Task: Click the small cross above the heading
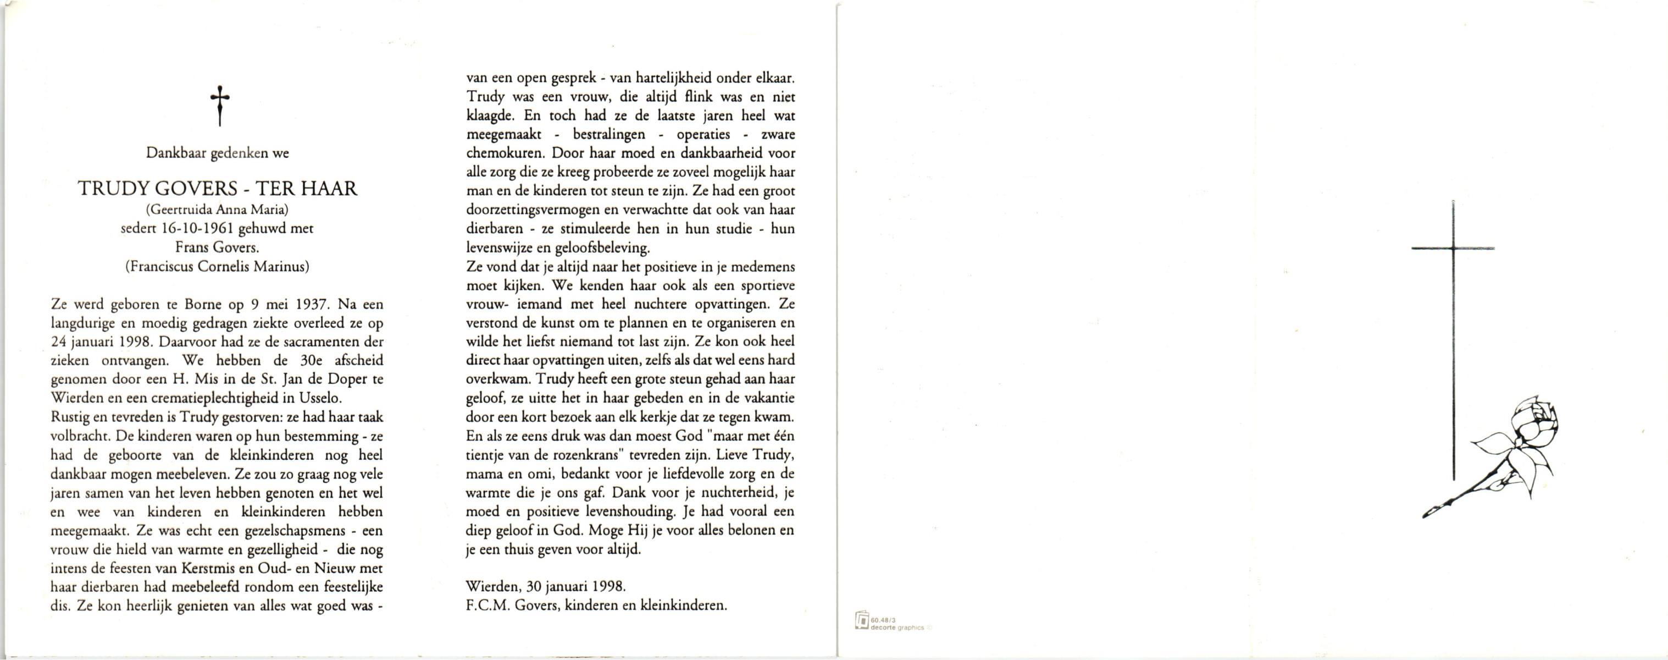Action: pyautogui.click(x=220, y=106)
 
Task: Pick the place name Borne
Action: pyautogui.click(x=221, y=304)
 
